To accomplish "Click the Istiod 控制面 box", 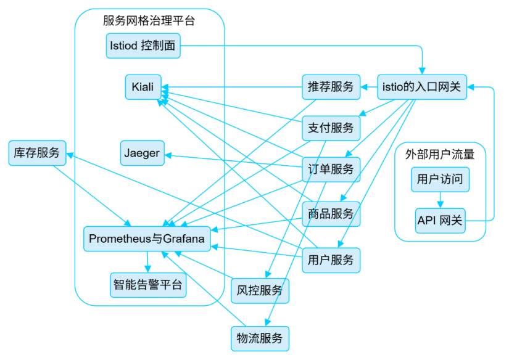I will click(x=142, y=46).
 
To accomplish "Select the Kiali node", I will click(x=143, y=86).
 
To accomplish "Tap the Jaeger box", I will click(x=143, y=153).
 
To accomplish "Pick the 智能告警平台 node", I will click(x=148, y=285).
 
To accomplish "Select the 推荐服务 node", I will click(x=331, y=87).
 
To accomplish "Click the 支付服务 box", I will click(x=331, y=128).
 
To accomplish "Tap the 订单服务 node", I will click(x=331, y=169).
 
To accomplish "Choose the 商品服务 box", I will click(x=331, y=214).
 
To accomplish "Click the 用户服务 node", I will click(x=331, y=260).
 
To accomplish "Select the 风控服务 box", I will click(x=259, y=290).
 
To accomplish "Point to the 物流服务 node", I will click(x=259, y=338).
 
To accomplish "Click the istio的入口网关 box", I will click(x=422, y=87).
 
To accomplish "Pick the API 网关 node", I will click(x=440, y=220).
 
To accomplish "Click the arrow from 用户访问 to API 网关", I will click(x=440, y=200).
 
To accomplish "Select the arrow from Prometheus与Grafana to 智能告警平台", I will click(x=147, y=261).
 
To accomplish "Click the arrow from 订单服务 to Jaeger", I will click(x=234, y=160).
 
